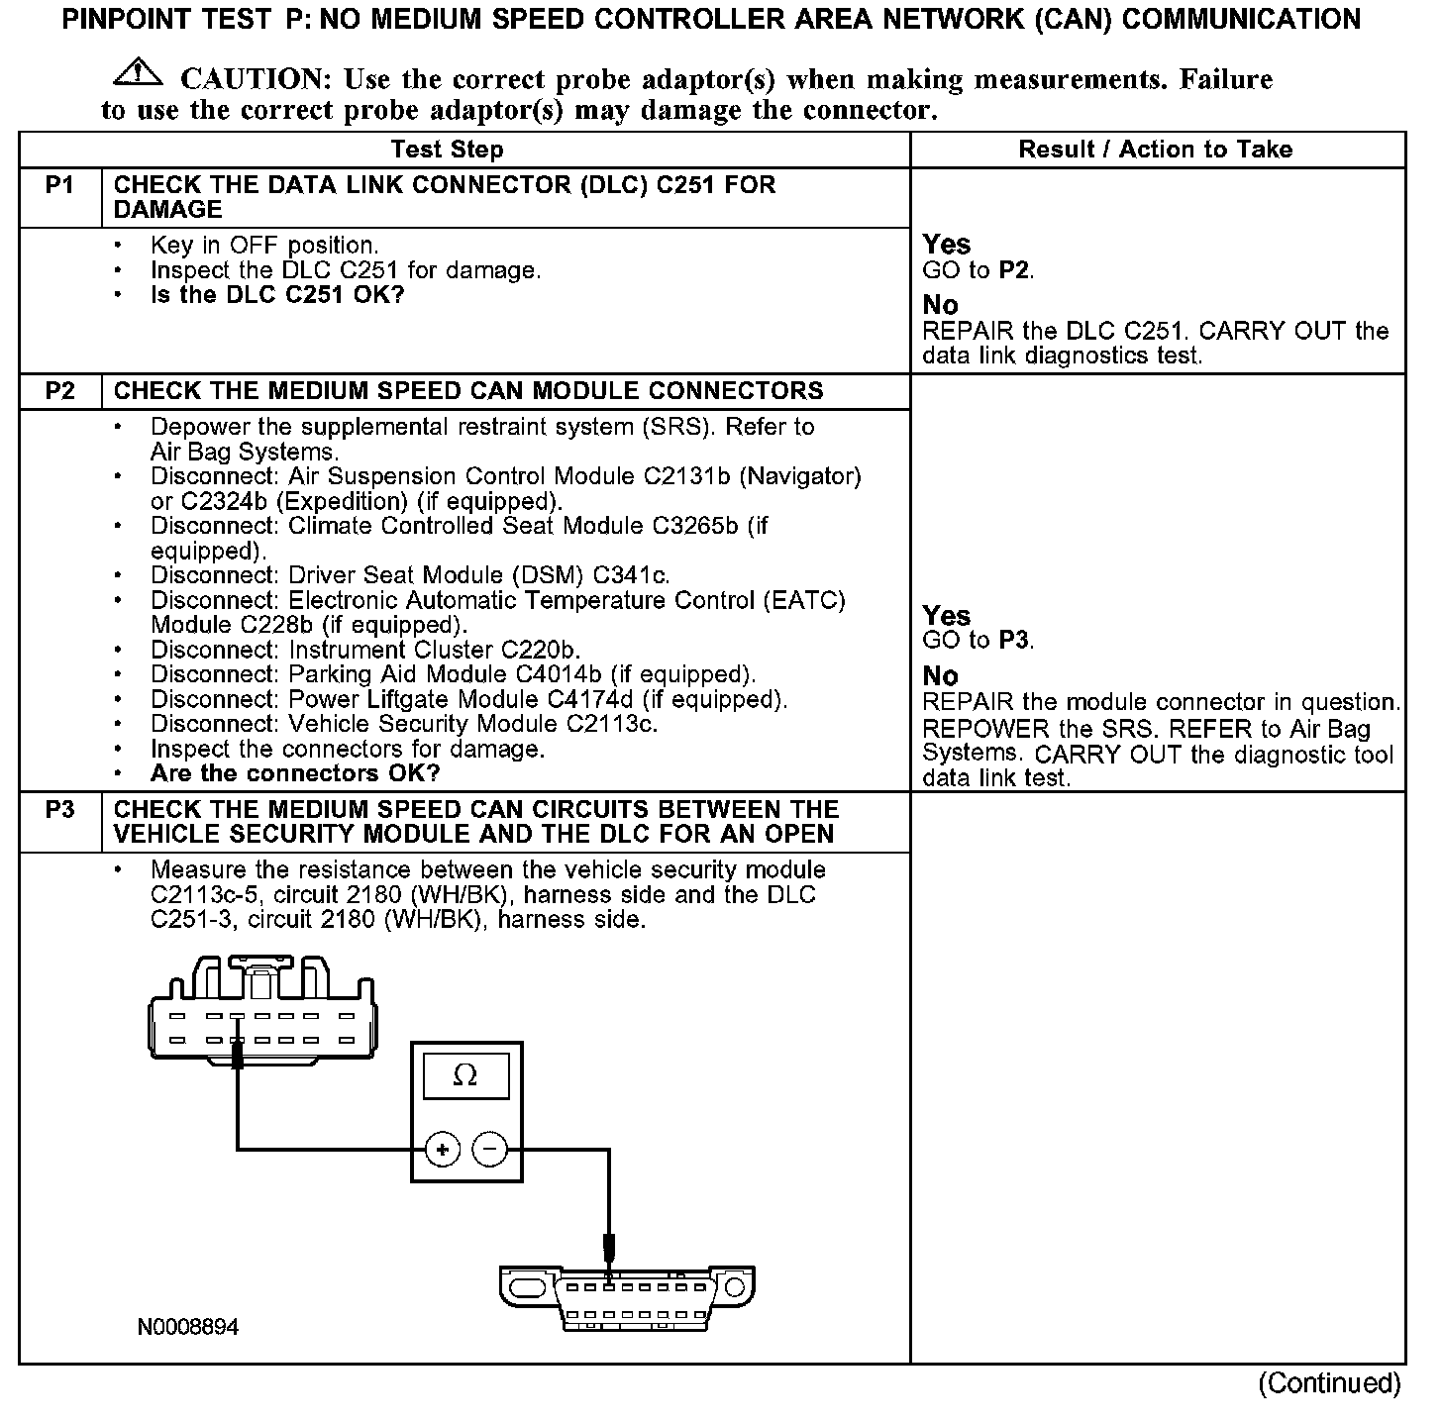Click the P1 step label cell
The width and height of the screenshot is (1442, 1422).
pyautogui.click(x=59, y=185)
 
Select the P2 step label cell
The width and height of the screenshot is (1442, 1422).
pyautogui.click(x=59, y=391)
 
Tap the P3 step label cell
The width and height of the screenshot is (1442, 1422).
pyautogui.click(x=59, y=810)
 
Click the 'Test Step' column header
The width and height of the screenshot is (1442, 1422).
pyautogui.click(x=448, y=150)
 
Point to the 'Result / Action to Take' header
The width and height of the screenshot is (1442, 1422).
pyautogui.click(x=1156, y=150)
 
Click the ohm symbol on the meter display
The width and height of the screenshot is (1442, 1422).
pyautogui.click(x=464, y=1075)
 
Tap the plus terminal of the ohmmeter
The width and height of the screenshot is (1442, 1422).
pyautogui.click(x=442, y=1150)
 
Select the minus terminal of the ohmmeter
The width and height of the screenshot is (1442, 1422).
pyautogui.click(x=489, y=1150)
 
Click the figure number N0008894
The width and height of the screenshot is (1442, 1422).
pyautogui.click(x=188, y=1327)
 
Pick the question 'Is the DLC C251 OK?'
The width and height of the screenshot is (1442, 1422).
pyautogui.click(x=277, y=295)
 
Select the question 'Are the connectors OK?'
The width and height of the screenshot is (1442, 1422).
pyautogui.click(x=295, y=773)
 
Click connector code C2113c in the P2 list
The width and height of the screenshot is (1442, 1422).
pyautogui.click(x=611, y=724)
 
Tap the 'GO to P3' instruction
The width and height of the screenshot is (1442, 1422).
pyautogui.click(x=978, y=641)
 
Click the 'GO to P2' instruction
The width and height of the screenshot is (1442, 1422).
pyautogui.click(x=978, y=270)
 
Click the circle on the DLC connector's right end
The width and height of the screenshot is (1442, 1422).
pyautogui.click(x=734, y=1287)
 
